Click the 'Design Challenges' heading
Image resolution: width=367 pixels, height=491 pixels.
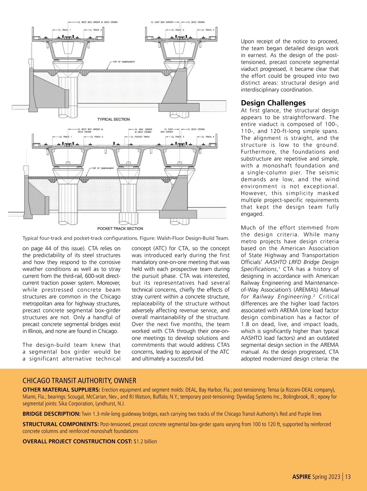(x=273, y=103)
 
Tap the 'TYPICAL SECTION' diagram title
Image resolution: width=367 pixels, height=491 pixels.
(x=113, y=119)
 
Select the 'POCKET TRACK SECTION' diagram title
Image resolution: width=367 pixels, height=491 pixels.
(x=120, y=228)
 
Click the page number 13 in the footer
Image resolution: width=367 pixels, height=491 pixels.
(x=348, y=477)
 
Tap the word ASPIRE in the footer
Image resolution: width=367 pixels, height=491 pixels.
(x=302, y=477)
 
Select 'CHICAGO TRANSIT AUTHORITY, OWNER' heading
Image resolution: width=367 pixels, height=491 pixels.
(x=80, y=381)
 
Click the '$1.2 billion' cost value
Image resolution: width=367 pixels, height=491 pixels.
(x=145, y=441)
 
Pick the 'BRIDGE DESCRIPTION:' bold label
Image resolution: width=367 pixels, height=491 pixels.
(x=51, y=414)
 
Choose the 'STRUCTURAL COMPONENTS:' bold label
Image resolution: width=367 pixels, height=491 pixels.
(x=61, y=424)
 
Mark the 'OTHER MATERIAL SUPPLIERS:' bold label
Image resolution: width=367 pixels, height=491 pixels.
(x=61, y=390)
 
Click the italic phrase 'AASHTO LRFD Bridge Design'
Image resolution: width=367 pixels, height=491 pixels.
(x=302, y=262)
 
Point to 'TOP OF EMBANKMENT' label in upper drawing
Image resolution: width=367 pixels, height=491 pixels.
(x=124, y=62)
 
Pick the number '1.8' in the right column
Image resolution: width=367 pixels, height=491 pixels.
(x=245, y=324)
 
